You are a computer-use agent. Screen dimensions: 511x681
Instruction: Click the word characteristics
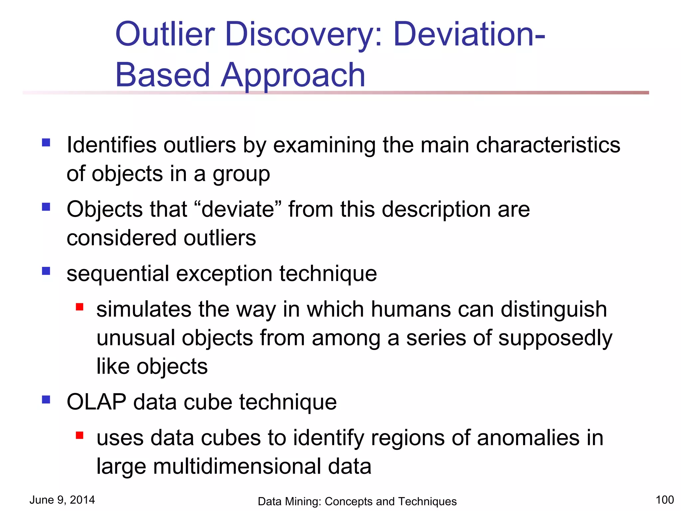(x=548, y=145)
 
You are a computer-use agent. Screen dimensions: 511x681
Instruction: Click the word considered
(x=121, y=238)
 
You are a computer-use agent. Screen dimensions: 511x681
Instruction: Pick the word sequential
(x=118, y=274)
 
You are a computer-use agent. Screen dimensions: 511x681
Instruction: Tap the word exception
(x=224, y=273)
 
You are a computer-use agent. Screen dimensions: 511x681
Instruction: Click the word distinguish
(x=554, y=310)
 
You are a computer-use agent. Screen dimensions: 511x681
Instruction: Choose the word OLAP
(x=96, y=402)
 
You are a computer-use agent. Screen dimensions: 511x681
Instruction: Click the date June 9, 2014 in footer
(x=62, y=500)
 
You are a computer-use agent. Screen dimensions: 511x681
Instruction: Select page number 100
(x=664, y=500)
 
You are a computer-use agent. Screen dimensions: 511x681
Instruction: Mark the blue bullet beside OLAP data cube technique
(x=46, y=399)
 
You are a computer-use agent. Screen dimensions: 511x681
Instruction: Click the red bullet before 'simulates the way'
(x=79, y=306)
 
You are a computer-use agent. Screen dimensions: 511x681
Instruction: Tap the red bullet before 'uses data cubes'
(x=79, y=435)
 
